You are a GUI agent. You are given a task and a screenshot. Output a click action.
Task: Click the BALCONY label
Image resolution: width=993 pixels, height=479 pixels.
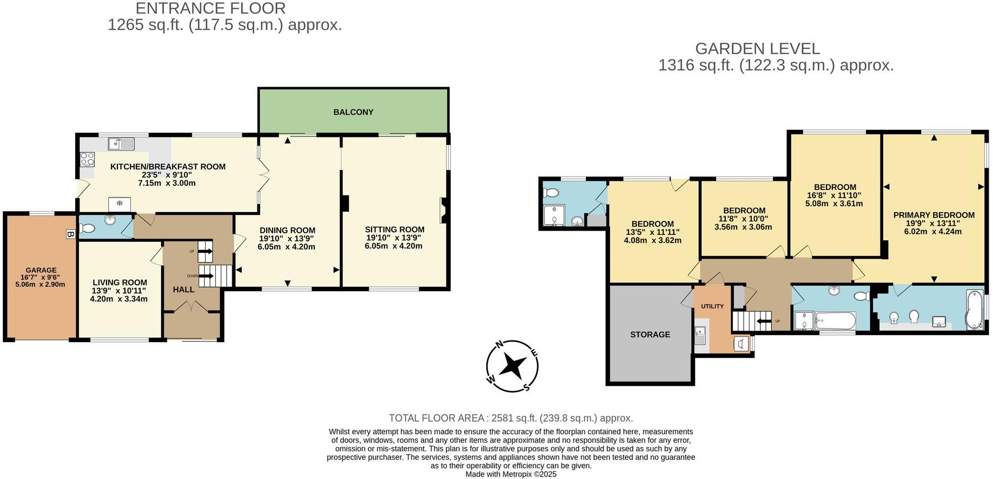[353, 112]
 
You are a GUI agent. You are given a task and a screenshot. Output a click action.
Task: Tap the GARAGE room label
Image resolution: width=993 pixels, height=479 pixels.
[41, 270]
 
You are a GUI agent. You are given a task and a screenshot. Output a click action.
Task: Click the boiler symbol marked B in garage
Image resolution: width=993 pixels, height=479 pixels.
[69, 234]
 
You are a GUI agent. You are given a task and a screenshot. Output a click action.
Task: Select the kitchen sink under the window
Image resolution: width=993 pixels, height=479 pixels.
[121, 143]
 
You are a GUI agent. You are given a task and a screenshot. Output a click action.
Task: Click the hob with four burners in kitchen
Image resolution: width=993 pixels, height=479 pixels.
[87, 159]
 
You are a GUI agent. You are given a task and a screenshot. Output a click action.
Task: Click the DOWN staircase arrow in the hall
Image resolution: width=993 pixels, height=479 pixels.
[206, 276]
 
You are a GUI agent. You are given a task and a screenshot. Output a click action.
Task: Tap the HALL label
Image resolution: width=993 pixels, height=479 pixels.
[183, 290]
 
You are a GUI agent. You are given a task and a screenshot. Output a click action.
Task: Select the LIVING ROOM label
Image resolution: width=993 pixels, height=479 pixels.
[120, 283]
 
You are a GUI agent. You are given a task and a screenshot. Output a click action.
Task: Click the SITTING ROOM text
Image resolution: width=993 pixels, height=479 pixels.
[394, 229]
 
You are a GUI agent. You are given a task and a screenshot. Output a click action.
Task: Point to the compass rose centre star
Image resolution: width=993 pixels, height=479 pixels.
[512, 366]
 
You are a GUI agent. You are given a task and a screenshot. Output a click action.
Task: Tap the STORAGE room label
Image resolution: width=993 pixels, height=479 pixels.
[650, 334]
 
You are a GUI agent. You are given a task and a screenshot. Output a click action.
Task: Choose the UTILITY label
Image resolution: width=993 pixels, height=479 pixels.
[712, 306]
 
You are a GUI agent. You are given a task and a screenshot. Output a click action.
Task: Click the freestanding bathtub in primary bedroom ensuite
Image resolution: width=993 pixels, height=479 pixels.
[974, 310]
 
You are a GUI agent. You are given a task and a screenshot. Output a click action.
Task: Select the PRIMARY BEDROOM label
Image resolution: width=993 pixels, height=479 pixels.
[934, 215]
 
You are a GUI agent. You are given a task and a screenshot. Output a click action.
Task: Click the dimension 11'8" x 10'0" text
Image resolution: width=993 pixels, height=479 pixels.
[743, 219]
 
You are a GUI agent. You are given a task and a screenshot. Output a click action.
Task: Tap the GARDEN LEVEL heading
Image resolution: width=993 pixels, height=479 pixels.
[757, 49]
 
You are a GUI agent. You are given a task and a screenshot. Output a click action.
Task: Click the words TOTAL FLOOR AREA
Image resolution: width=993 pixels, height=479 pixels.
[436, 418]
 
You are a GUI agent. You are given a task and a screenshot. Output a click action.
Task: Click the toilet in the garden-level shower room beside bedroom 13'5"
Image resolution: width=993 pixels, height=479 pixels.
[552, 192]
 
